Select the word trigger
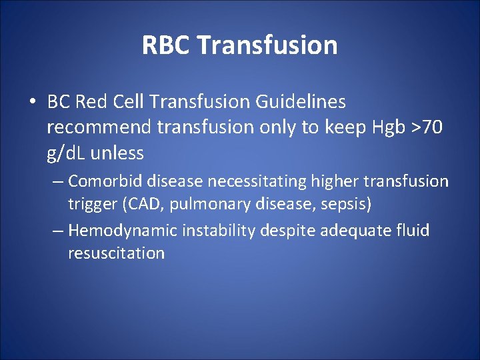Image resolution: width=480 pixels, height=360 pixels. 91,204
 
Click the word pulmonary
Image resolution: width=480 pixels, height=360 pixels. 199,204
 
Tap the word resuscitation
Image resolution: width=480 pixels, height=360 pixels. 116,254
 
